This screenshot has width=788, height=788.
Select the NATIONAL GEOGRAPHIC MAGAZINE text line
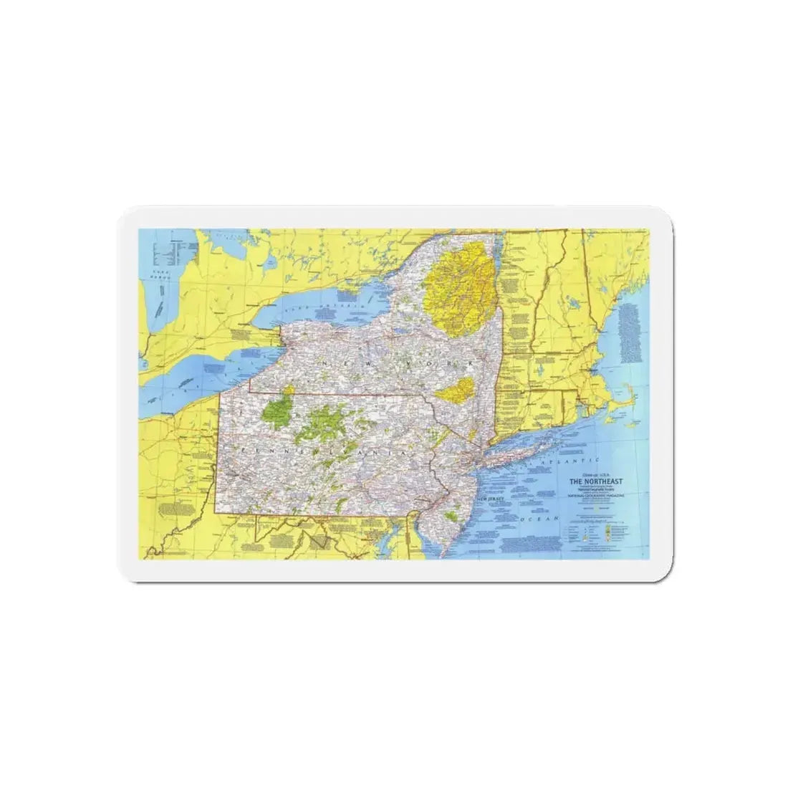[x=597, y=495]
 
